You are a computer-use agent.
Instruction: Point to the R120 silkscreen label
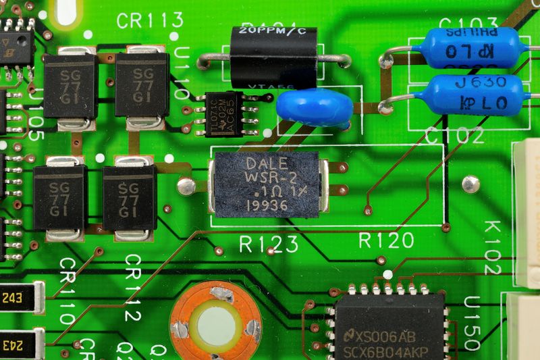[x=386, y=240]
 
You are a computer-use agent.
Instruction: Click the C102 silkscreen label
[x=454, y=136]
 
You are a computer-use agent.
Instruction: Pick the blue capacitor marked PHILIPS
[x=470, y=49]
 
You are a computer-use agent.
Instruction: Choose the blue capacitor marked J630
[x=475, y=94]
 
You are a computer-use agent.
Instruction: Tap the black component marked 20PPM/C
[x=273, y=57]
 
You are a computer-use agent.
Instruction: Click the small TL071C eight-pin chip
[x=223, y=113]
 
